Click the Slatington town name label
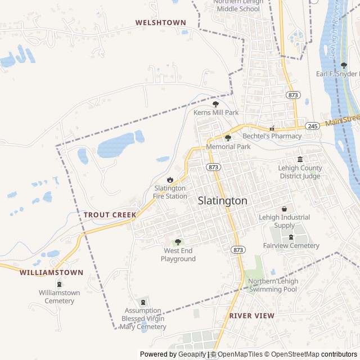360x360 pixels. [222, 201]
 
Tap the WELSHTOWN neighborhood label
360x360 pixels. [160, 22]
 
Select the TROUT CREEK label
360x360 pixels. [110, 215]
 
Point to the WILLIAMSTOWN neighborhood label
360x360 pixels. [51, 272]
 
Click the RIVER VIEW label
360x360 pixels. [252, 316]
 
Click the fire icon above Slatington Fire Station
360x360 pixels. [170, 179]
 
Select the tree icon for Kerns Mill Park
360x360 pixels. [215, 104]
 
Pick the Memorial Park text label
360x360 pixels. [228, 146]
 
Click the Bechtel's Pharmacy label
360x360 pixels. [272, 136]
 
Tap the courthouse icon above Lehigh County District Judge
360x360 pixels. [300, 159]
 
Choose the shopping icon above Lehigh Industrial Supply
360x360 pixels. [284, 209]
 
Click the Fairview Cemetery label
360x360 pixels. [291, 246]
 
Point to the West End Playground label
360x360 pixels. [178, 255]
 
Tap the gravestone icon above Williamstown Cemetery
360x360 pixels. [60, 284]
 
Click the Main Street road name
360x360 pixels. [341, 119]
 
